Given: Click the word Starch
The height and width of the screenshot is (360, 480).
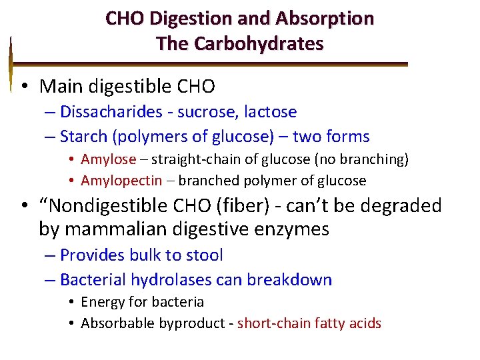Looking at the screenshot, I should tap(83, 137).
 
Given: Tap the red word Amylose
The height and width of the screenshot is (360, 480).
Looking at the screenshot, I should tap(108, 159).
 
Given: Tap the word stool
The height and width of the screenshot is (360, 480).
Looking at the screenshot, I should tap(201, 255).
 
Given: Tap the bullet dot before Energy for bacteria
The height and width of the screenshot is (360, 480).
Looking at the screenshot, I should tap(71, 303).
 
